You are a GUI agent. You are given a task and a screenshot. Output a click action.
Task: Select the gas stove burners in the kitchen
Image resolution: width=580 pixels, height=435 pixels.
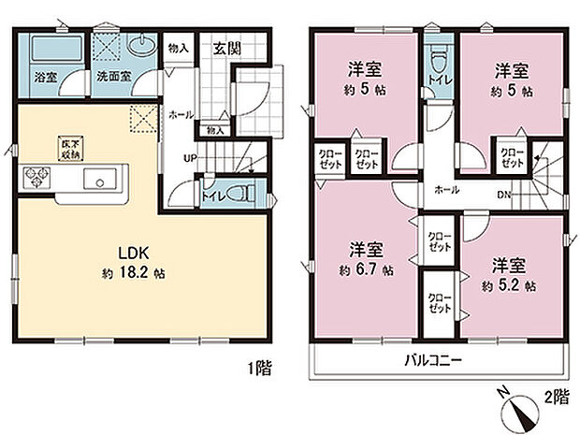(36, 175)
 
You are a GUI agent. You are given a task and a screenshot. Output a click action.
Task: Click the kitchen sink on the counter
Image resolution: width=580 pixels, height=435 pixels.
(97, 180)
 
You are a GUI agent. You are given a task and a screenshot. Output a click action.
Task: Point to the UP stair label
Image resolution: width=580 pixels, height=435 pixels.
(189, 158)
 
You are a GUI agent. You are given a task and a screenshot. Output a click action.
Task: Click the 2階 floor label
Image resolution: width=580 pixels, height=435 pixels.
(555, 397)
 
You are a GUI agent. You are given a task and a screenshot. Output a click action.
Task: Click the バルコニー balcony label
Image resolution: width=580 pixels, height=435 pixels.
(433, 359)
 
